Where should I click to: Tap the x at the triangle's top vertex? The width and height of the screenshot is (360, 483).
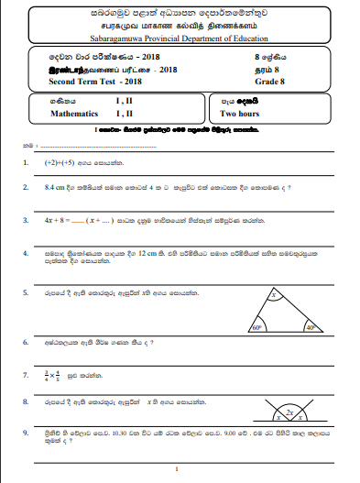(274, 296)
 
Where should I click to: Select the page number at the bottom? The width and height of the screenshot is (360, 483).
(180, 467)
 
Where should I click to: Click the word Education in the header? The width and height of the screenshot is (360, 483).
(246, 39)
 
